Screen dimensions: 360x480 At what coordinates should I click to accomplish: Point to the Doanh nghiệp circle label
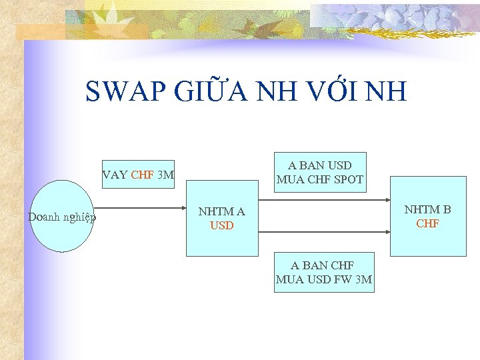pyautogui.click(x=62, y=217)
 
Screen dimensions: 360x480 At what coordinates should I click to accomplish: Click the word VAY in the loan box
pyautogui.click(x=115, y=175)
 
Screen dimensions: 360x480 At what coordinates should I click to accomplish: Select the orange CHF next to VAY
pyautogui.click(x=143, y=175)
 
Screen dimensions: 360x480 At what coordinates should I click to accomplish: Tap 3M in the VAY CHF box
pyautogui.click(x=165, y=175)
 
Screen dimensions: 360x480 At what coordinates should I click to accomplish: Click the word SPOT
pyautogui.click(x=349, y=179)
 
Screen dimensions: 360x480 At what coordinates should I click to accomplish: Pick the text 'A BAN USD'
pyautogui.click(x=320, y=165)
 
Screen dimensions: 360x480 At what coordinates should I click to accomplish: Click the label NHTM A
pyautogui.click(x=222, y=212)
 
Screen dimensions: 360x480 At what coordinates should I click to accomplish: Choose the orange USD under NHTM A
pyautogui.click(x=222, y=226)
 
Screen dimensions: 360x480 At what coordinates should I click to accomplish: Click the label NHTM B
pyautogui.click(x=428, y=209)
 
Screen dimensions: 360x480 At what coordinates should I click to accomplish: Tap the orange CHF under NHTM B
pyautogui.click(x=428, y=223)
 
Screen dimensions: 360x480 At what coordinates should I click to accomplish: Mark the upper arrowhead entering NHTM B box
pyautogui.click(x=387, y=200)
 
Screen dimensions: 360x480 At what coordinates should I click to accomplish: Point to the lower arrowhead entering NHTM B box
pyautogui.click(x=387, y=231)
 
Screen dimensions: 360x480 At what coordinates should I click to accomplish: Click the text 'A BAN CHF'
pyautogui.click(x=323, y=265)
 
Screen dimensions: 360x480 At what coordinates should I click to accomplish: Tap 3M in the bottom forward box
pyautogui.click(x=363, y=279)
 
